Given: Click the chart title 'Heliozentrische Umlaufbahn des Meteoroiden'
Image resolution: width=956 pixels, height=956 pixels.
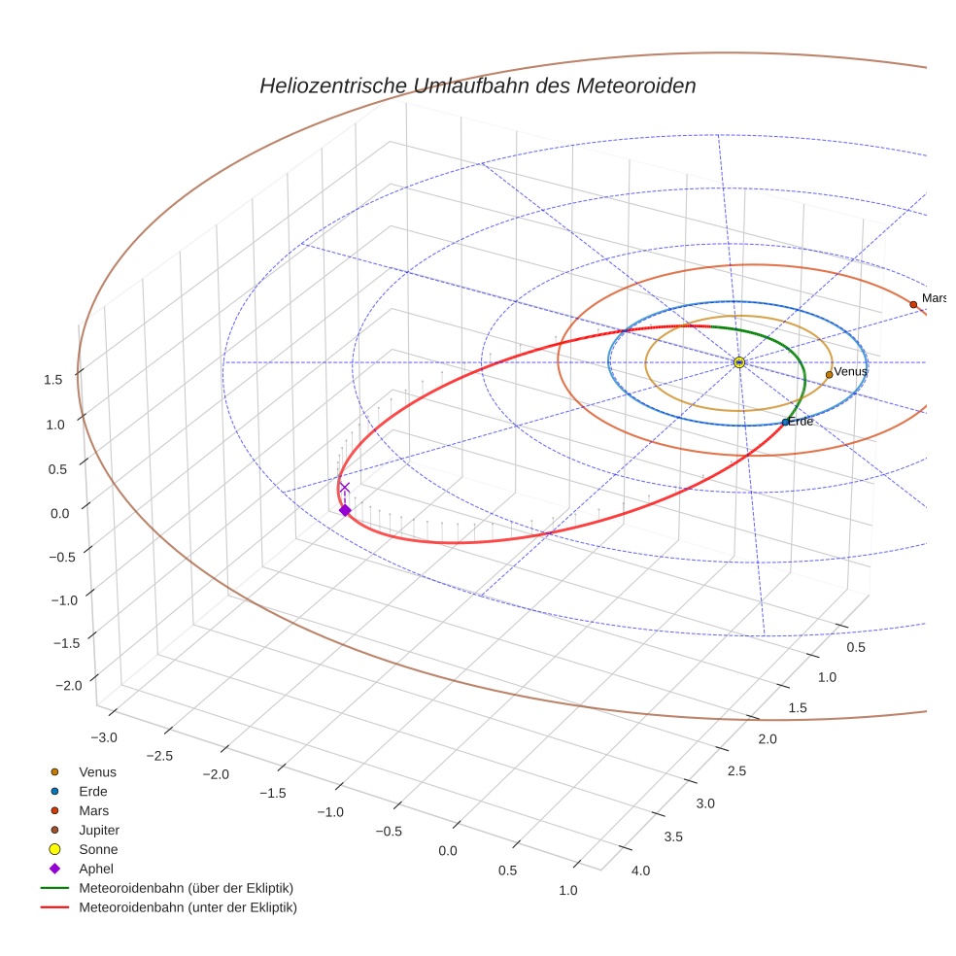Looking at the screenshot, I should point(477,85).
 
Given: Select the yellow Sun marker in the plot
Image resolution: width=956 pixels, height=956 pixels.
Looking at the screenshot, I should point(739,362).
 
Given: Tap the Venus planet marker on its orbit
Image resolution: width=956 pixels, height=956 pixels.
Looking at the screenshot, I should point(829,374).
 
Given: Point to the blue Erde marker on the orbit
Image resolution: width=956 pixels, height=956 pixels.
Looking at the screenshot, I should point(785,422).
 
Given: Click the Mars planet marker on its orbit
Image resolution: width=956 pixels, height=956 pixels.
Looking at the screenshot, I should point(913,304).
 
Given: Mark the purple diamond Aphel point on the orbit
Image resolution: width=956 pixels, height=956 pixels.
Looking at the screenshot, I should point(344,510).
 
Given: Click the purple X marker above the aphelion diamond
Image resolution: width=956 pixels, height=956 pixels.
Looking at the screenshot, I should point(344,488).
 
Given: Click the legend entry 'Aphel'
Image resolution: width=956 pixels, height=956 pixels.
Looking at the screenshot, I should point(95,869).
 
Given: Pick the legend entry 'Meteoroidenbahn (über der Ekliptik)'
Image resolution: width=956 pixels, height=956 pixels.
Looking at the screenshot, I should point(186,888).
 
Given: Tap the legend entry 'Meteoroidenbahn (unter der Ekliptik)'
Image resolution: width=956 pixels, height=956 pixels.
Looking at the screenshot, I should point(188,907).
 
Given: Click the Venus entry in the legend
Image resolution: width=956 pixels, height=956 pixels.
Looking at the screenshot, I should point(97,771).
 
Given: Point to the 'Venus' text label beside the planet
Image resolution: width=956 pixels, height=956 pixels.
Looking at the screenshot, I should point(851,372).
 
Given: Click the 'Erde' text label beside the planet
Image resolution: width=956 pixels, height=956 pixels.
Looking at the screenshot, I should point(801,422).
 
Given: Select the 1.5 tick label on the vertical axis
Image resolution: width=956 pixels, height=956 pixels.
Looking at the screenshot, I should point(53,380).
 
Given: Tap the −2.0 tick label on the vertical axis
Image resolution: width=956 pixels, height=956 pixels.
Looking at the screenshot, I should point(68,686).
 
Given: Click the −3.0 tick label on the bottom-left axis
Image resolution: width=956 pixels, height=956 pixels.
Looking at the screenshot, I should point(104,737).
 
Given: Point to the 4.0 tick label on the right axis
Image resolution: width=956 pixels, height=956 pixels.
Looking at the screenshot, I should point(640,871).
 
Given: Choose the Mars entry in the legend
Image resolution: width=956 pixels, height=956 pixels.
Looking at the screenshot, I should point(94,810).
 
